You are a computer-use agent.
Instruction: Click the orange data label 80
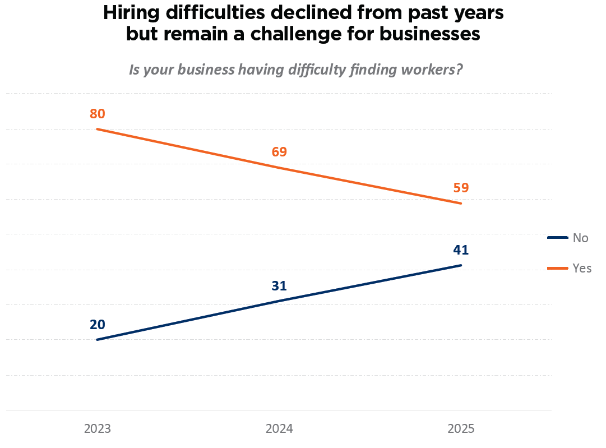pyautogui.click(x=98, y=114)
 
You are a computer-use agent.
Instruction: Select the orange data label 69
pyautogui.click(x=279, y=152)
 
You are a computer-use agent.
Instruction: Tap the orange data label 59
pyautogui.click(x=461, y=188)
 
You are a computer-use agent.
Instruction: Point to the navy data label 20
pyautogui.click(x=98, y=325)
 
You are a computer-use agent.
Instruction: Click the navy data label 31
pyautogui.click(x=279, y=286)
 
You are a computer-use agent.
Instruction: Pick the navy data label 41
pyautogui.click(x=461, y=250)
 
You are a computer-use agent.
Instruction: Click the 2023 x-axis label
pyautogui.click(x=98, y=429)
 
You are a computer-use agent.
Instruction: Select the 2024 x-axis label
pyautogui.click(x=279, y=429)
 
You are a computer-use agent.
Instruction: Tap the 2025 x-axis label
pyautogui.click(x=461, y=429)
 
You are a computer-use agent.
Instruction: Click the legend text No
pyautogui.click(x=580, y=238)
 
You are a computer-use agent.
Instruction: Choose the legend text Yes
pyautogui.click(x=582, y=268)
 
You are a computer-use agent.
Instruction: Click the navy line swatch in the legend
pyautogui.click(x=558, y=238)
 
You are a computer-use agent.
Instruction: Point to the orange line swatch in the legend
pyautogui.click(x=558, y=268)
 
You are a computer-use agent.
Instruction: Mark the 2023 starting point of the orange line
pyautogui.click(x=98, y=129)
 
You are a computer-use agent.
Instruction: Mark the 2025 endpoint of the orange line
pyautogui.click(x=461, y=203)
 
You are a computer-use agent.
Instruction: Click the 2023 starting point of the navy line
pyautogui.click(x=98, y=339)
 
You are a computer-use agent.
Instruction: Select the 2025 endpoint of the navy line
pyautogui.click(x=461, y=265)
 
